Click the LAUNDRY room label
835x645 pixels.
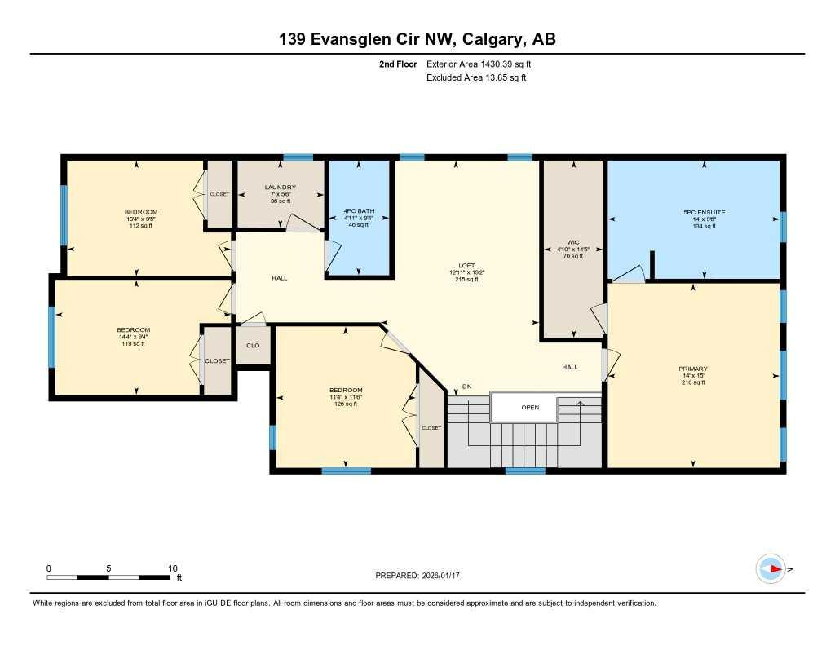pos(280,188)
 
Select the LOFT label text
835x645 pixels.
pos(466,265)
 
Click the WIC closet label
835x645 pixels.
pos(572,242)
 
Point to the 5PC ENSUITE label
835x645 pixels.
pos(704,212)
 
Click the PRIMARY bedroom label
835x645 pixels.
pos(692,369)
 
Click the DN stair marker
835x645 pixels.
pos(466,387)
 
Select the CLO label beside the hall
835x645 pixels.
pos(253,346)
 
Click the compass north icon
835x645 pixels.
pos(771,569)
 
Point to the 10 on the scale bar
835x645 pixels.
pos(172,568)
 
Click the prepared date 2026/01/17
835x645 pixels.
pos(447,576)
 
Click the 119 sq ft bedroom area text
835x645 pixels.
pos(133,344)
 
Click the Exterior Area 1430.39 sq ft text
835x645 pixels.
pos(479,64)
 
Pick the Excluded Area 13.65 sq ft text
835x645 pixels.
pos(476,77)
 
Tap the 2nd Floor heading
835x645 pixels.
pos(398,64)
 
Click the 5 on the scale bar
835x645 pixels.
pos(108,568)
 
